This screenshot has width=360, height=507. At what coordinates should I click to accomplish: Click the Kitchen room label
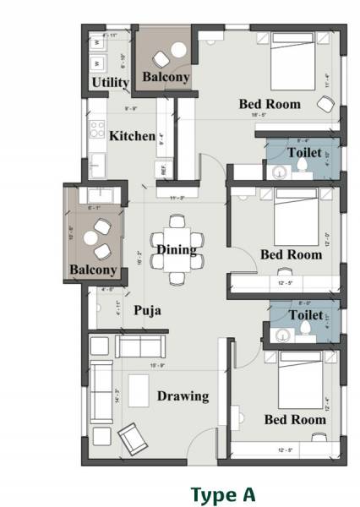[x=132, y=135]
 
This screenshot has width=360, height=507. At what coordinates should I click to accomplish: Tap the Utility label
[x=110, y=83]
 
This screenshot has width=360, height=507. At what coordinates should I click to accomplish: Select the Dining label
[x=176, y=249]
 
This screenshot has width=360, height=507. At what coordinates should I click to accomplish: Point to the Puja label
[x=147, y=310]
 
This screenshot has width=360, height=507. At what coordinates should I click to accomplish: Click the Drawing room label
[x=182, y=395]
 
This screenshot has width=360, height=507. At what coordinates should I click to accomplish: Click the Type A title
[x=222, y=493]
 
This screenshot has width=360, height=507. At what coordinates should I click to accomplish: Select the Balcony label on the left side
[x=93, y=270]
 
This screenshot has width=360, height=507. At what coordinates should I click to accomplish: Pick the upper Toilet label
[x=304, y=153]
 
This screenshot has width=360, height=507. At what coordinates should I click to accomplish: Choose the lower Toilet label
[x=304, y=314]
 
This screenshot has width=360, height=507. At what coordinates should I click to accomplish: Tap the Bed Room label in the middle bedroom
[x=291, y=253]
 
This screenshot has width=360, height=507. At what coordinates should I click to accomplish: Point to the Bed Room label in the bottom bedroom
[x=294, y=419]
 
